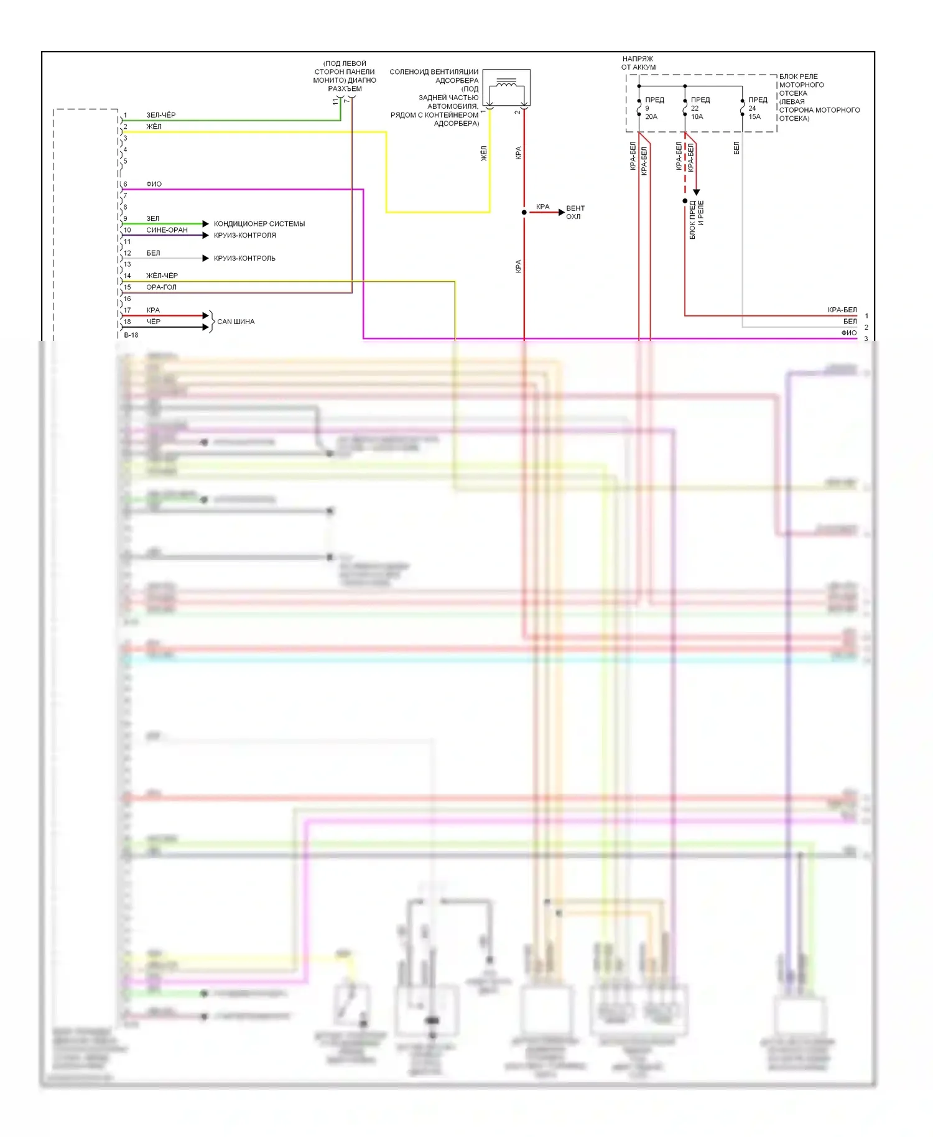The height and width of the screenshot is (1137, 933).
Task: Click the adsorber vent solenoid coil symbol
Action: tap(506, 85)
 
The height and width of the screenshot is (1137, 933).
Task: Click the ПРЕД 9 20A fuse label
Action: tap(653, 108)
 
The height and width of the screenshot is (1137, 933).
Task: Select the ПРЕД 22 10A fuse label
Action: tap(699, 108)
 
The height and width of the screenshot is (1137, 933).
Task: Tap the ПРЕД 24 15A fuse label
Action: tap(756, 108)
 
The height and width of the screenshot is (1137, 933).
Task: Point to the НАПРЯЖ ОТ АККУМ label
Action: tap(638, 63)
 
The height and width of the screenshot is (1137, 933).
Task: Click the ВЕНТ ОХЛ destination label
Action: tap(575, 212)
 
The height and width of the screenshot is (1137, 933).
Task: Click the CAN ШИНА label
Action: tap(236, 322)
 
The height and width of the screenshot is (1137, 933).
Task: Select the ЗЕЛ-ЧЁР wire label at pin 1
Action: tap(160, 115)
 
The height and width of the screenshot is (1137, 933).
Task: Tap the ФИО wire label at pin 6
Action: tap(154, 184)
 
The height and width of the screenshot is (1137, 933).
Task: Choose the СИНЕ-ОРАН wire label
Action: tap(167, 230)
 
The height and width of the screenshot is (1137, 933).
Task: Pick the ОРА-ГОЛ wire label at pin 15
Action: tap(161, 287)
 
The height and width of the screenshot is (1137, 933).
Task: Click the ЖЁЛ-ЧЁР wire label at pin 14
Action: tap(162, 276)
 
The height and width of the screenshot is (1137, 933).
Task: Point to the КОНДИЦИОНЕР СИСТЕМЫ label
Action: tap(259, 224)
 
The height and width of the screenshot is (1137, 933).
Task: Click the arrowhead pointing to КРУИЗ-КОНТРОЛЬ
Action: tap(206, 258)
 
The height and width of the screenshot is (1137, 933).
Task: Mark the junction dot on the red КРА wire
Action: tap(524, 212)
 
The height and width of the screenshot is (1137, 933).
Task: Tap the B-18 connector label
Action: tap(131, 335)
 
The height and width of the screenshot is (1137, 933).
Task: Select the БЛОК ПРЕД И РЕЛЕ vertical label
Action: tap(697, 220)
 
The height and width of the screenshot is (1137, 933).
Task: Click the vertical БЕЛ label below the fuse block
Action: tap(736, 148)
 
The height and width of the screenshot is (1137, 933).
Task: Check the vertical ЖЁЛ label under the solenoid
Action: tap(484, 154)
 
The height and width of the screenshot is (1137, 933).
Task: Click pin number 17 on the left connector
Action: tap(128, 310)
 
